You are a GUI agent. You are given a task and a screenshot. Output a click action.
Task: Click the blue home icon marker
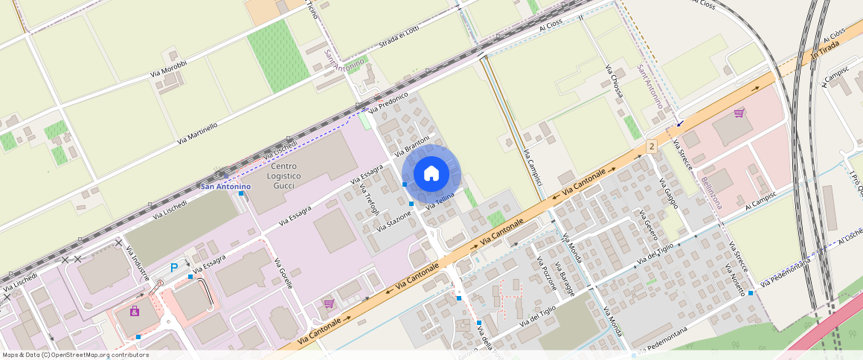431,174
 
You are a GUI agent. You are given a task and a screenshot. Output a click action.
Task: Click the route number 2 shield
652,147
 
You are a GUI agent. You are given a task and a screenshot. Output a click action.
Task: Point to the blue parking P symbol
175,268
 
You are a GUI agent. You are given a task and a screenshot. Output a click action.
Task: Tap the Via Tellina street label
440,200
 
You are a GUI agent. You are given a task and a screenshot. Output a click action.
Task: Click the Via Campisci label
533,167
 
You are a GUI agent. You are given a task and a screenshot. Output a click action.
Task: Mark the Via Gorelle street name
284,273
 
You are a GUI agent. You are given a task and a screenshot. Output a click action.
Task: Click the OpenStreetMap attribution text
75,355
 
